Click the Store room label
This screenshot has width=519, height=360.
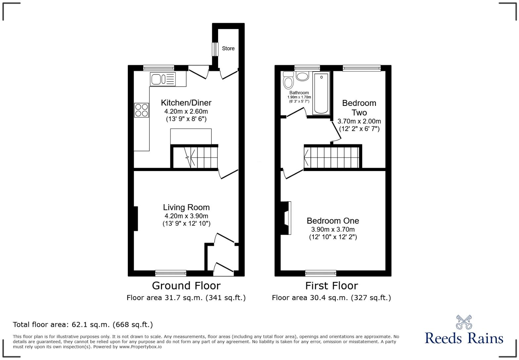coord(228,48)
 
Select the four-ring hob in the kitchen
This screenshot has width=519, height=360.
coord(142,110)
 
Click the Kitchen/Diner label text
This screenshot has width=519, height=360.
coord(186,103)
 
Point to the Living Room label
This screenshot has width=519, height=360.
coord(186,207)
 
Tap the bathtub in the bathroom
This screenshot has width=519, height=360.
coord(321,94)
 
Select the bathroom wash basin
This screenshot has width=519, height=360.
coord(302,76)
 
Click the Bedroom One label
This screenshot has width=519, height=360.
coord(333,221)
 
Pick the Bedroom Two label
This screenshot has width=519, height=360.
coord(359,108)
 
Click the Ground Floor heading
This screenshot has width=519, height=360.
coord(186,286)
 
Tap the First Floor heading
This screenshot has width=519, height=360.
coord(331,286)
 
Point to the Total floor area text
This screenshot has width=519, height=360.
coord(83,325)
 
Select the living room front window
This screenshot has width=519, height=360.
coord(170,273)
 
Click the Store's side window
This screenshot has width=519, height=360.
coord(215,49)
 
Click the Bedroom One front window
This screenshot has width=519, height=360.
coord(320,273)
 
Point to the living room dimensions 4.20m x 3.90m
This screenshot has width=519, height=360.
coord(186,216)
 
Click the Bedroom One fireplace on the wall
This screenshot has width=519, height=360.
coord(286,218)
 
